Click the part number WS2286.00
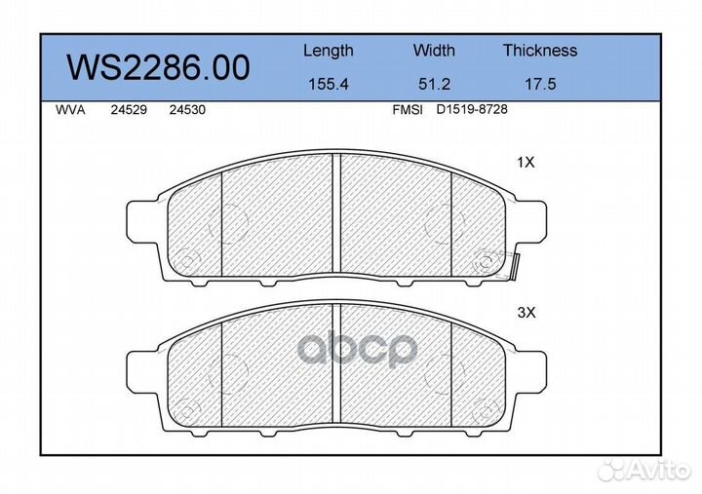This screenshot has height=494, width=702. point(158,67)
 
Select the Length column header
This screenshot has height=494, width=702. point(329,52)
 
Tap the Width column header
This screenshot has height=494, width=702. point(434,50)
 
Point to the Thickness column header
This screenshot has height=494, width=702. point(540,50)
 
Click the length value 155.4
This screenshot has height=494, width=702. point(329,84)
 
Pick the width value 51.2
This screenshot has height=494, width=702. point(434,84)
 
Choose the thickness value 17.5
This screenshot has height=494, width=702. point(540,84)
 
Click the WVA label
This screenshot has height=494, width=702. point(70,110)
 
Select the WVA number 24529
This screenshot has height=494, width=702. point(129,110)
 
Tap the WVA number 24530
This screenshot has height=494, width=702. point(187,110)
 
